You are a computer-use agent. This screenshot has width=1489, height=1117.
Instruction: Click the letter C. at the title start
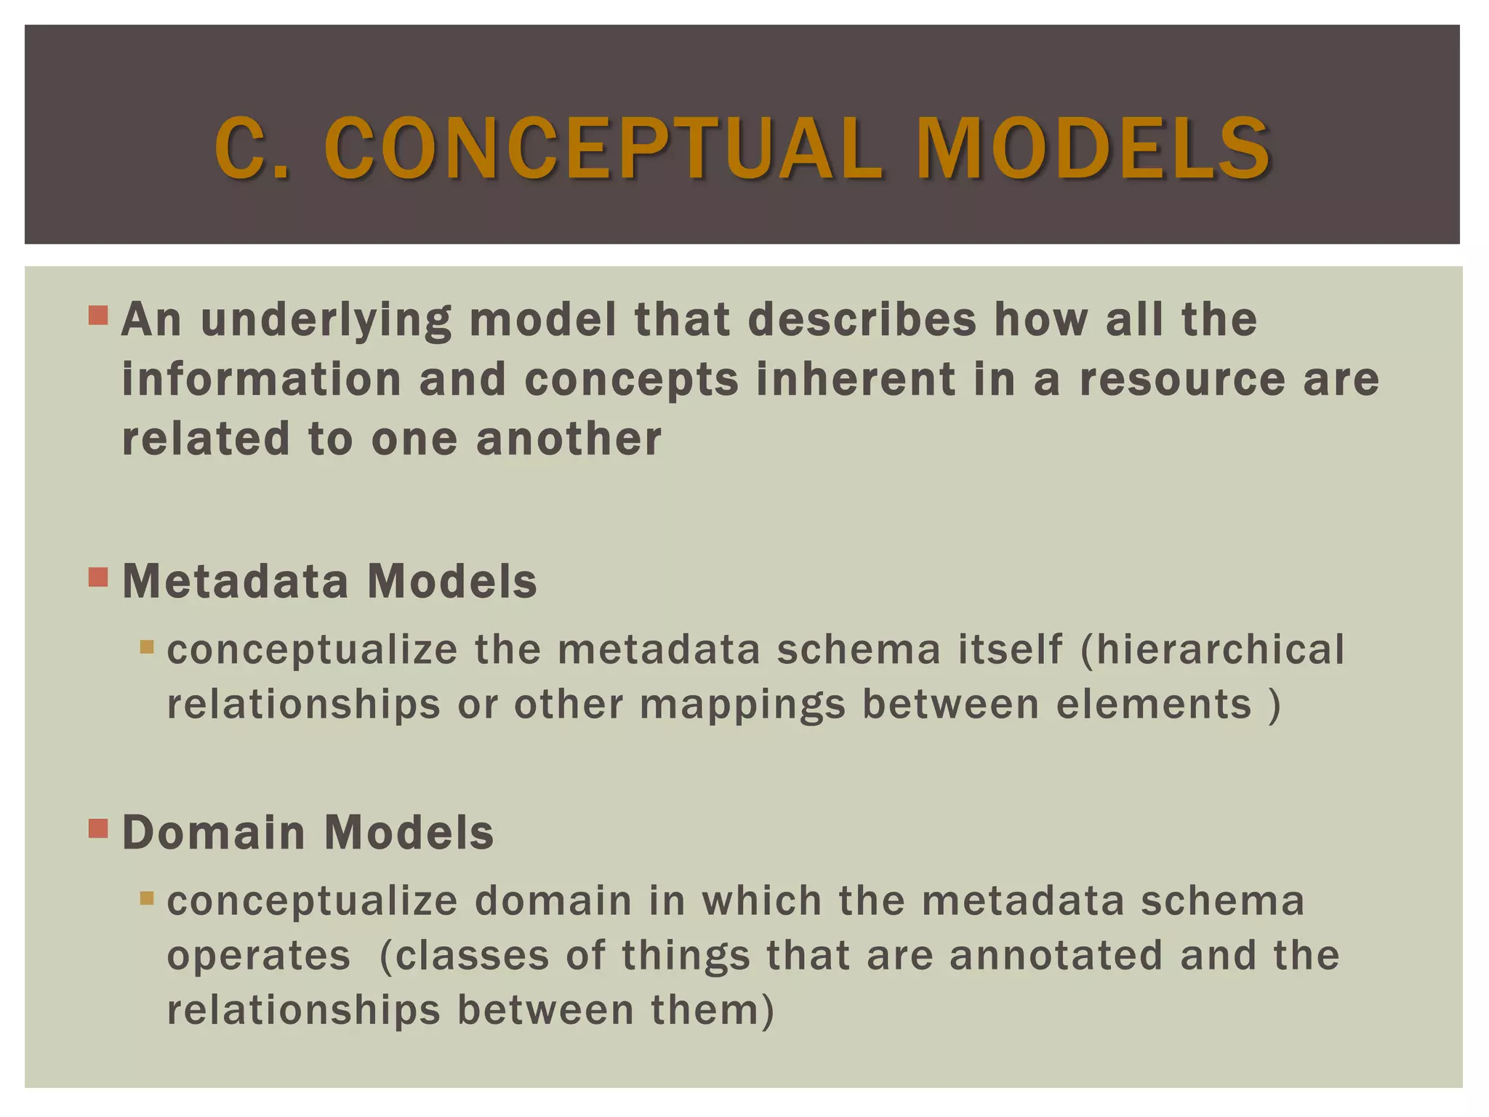tap(251, 149)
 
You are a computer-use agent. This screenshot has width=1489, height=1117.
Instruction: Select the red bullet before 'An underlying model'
tap(98, 315)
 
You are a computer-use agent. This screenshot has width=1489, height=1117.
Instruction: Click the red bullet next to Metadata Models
tap(98, 577)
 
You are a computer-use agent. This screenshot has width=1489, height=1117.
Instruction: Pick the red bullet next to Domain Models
tap(98, 828)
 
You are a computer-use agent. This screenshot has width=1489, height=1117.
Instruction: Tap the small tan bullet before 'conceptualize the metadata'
tap(147, 646)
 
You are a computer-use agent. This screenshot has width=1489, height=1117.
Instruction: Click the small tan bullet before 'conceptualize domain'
tap(147, 898)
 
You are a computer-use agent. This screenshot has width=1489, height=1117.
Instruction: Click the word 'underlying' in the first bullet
tap(326, 320)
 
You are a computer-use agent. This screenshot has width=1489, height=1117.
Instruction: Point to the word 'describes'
tap(862, 320)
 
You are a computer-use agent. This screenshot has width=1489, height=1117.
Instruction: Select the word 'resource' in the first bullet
tap(1182, 380)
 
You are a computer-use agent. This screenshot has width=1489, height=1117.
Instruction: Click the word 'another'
tap(569, 439)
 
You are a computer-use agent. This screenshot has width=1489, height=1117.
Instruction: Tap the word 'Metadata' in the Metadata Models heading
tap(236, 582)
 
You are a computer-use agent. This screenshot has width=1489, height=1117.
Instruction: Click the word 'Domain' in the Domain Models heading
tap(214, 833)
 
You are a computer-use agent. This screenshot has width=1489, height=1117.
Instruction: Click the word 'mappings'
tap(743, 705)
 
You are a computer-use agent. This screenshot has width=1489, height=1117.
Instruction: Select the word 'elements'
tap(1153, 705)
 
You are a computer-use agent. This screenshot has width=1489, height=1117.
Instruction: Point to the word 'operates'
tap(259, 956)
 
